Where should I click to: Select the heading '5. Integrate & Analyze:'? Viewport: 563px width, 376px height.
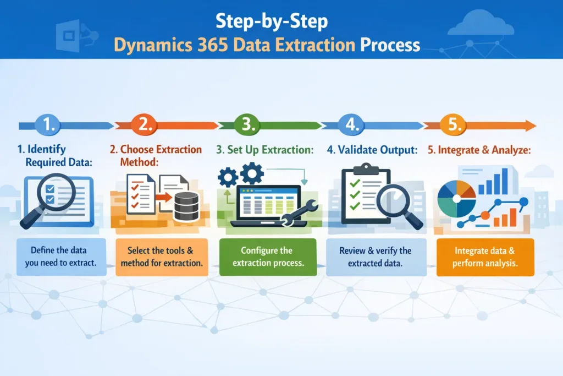[479, 150]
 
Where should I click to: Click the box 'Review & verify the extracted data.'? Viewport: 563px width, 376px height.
[376, 257]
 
